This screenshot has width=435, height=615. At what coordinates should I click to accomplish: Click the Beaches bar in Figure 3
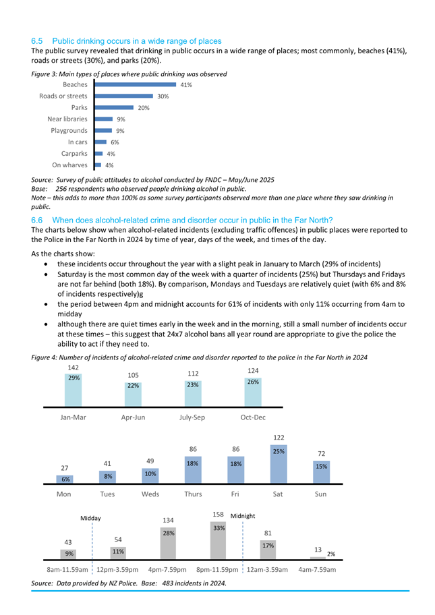click(136, 84)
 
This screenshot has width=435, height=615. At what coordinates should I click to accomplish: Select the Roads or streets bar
click(124, 96)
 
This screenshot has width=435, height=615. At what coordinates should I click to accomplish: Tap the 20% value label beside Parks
click(144, 108)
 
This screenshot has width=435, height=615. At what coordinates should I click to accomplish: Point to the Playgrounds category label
click(69, 131)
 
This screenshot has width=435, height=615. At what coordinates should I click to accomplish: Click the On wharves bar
click(98, 165)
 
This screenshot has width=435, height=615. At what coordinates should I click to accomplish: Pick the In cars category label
click(78, 142)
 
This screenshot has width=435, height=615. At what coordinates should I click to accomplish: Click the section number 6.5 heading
click(37, 41)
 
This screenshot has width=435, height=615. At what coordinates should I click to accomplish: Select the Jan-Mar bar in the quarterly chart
click(74, 390)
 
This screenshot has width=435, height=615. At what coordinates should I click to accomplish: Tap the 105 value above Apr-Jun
click(134, 376)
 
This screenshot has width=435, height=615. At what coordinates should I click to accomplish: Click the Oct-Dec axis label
click(253, 417)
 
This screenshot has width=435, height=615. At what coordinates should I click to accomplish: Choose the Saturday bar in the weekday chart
click(279, 464)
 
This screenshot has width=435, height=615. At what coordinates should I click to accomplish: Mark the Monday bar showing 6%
click(65, 479)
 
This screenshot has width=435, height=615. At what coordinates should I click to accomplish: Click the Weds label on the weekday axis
click(150, 494)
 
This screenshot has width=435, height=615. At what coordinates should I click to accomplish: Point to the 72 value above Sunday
click(322, 454)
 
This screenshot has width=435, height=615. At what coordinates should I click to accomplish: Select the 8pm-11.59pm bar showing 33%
click(218, 540)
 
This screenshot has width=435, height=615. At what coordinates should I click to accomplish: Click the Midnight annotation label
click(243, 516)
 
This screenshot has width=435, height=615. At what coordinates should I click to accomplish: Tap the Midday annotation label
click(90, 518)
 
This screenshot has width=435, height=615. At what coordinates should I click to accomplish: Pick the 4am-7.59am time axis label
click(317, 570)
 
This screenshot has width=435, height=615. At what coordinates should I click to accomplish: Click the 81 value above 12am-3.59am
click(268, 533)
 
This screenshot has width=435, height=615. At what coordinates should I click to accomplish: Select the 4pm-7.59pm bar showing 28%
click(169, 544)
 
